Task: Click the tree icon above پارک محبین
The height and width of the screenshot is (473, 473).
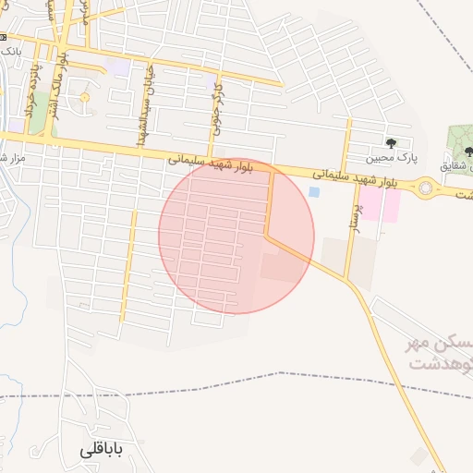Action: tap(391, 143)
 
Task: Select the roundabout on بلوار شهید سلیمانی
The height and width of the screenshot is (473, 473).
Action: tap(426, 188)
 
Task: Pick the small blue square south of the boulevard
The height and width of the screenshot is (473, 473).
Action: tap(314, 192)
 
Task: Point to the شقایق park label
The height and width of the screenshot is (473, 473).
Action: tap(454, 165)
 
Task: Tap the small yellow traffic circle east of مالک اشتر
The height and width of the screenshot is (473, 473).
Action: tap(85, 97)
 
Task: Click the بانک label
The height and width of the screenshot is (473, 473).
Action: tap(11, 51)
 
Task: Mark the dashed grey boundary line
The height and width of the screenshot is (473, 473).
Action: tap(277, 375)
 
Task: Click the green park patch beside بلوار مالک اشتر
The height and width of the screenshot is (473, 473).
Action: tap(42, 126)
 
